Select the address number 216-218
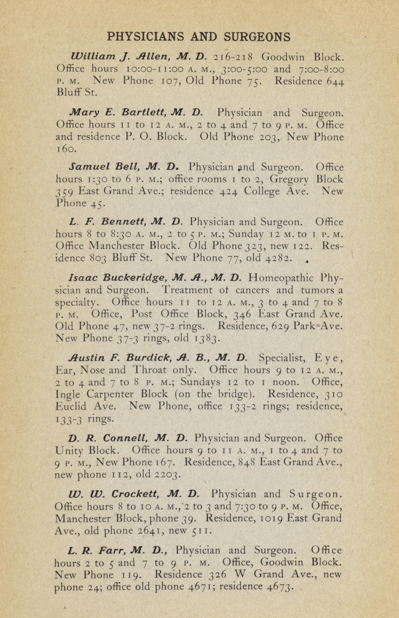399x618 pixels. coord(234,57)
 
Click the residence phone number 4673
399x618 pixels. coord(278,587)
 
